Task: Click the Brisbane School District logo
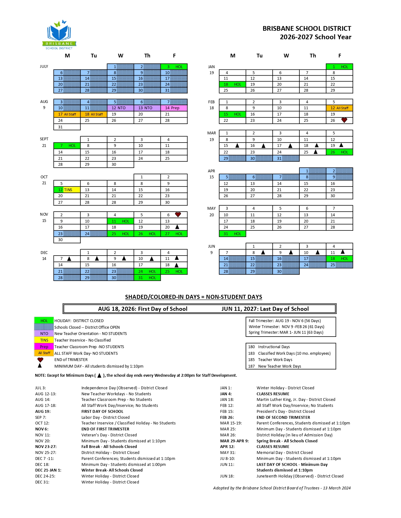coord(59,35)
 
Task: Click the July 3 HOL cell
coord(174,67)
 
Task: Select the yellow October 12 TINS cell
coord(67,190)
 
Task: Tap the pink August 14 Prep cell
coord(174,108)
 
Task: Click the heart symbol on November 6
coord(178,215)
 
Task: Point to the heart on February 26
coord(344,120)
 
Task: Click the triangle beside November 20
coord(177,227)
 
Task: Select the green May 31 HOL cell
coord(232,234)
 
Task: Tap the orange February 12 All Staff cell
coord(339,108)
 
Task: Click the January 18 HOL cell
coord(232,84)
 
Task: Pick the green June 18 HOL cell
coord(339,259)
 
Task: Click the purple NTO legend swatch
coord(44,334)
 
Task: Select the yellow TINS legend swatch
coord(44,340)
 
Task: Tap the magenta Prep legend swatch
coord(44,347)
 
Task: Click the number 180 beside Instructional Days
coord(251,347)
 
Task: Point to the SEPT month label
coord(44,139)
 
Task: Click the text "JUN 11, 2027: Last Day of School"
coord(265,309)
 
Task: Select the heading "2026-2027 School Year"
coord(315,37)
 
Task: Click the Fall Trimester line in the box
coord(285,321)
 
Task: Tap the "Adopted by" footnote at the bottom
coord(282,488)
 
